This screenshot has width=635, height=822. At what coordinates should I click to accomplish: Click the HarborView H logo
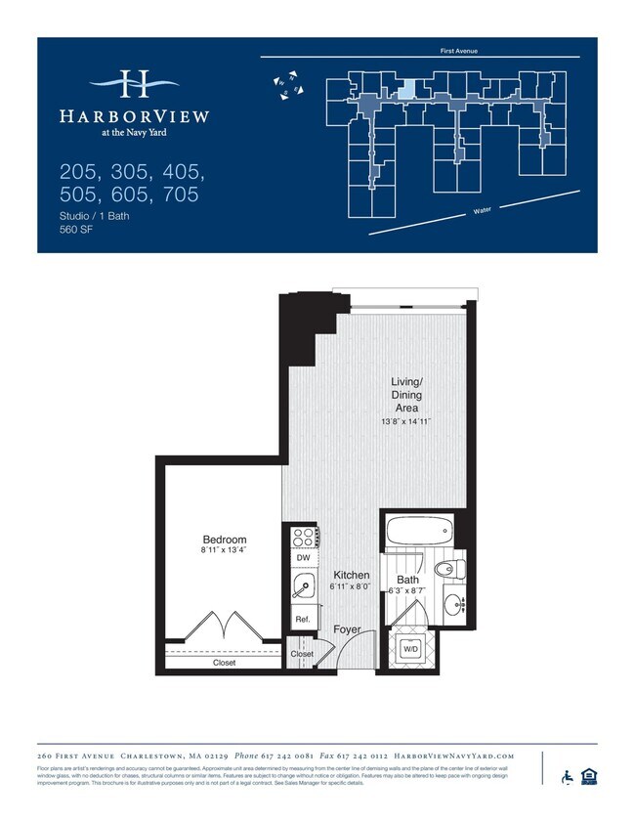pos(134,84)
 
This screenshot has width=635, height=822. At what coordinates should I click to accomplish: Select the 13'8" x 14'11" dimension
pos(406,421)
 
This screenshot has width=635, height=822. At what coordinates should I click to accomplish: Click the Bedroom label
pos(224,540)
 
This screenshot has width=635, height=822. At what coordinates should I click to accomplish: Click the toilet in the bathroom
pos(451,570)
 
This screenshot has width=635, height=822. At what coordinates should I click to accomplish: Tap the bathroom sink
pos(454,606)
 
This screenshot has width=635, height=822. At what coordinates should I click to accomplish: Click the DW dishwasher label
pos(303,558)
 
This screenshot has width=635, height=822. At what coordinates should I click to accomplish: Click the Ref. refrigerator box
pos(302,620)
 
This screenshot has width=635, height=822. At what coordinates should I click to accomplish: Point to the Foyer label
pos(347,629)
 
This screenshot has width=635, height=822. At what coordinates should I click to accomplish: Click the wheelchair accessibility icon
pos(567,777)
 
